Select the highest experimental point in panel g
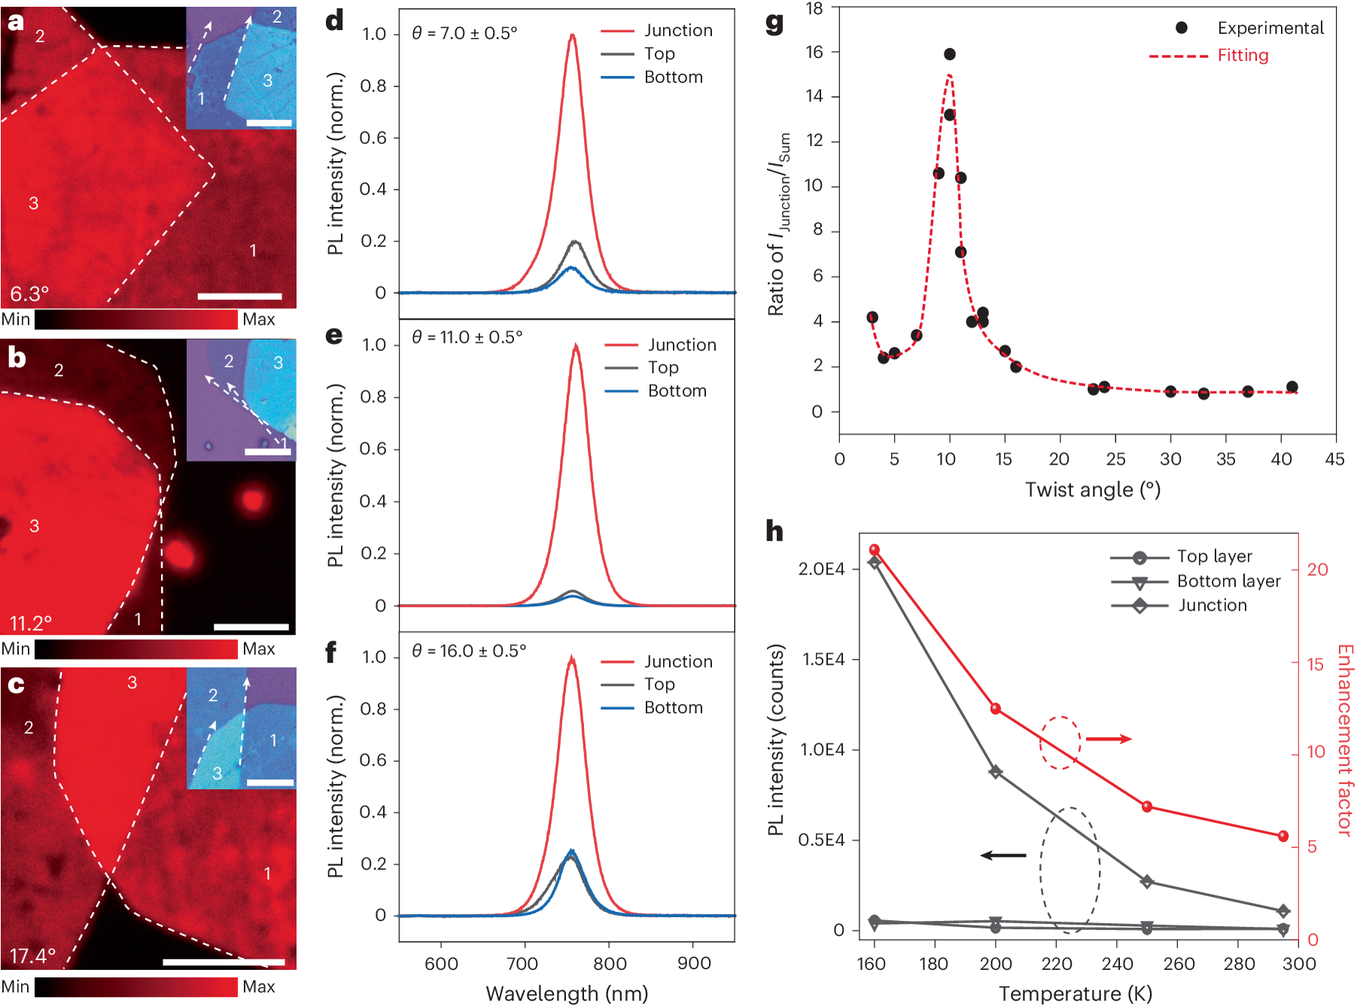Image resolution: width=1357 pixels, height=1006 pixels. click(x=950, y=54)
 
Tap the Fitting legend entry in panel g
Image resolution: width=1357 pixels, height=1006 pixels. click(x=1243, y=56)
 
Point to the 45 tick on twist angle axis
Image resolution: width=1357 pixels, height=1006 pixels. click(x=1335, y=459)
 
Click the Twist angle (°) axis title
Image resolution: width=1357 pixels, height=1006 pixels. click(x=1093, y=489)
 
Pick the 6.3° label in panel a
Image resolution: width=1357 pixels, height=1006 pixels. click(x=29, y=293)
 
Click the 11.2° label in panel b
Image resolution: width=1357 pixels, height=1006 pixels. click(x=31, y=623)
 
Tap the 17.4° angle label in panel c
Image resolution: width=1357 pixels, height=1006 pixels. click(x=32, y=956)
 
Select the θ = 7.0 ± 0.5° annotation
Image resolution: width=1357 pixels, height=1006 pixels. click(x=464, y=33)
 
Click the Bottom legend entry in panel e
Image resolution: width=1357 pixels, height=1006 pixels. click(x=677, y=391)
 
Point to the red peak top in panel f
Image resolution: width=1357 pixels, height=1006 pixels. click(x=572, y=658)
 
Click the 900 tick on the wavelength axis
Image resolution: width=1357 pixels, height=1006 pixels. click(x=693, y=964)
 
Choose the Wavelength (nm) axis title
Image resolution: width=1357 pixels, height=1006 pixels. click(x=567, y=993)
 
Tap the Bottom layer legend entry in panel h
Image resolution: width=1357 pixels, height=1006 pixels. click(x=1228, y=581)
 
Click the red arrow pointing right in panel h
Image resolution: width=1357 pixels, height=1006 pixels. click(x=1109, y=739)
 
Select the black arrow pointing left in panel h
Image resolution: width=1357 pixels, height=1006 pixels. click(x=1003, y=855)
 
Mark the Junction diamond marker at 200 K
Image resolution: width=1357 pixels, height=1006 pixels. click(x=996, y=772)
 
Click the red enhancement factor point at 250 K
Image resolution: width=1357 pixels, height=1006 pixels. click(x=1147, y=806)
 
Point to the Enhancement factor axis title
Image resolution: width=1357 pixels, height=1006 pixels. click(x=1345, y=739)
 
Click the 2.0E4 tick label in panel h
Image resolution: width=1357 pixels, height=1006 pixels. click(x=821, y=569)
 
